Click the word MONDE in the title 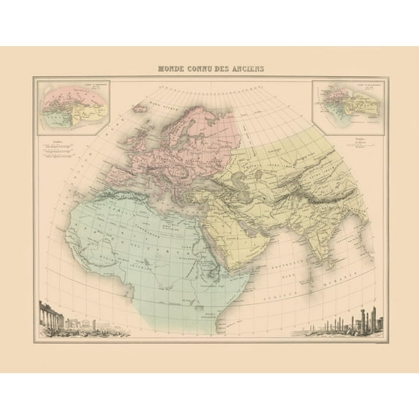[173, 69]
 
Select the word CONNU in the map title [205, 69]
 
